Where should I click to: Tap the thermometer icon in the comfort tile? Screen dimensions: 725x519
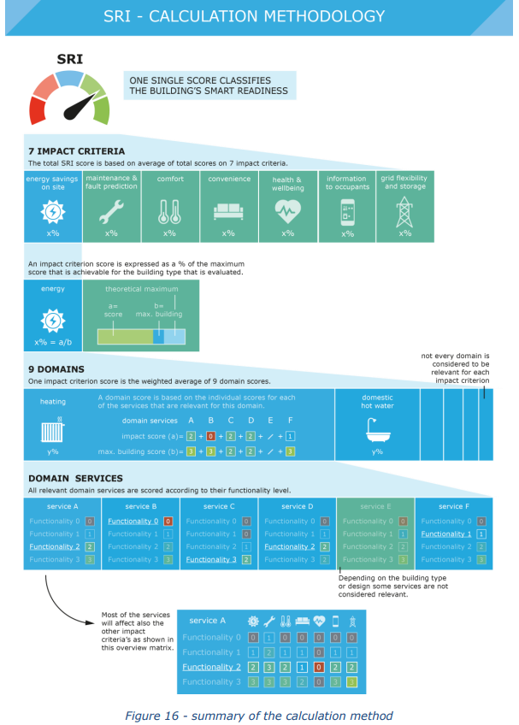tap(169, 210)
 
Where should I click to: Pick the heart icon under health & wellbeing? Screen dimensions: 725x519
tap(287, 209)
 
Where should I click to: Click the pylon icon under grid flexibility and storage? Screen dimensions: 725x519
tap(404, 210)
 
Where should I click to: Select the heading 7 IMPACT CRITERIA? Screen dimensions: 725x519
tap(76, 150)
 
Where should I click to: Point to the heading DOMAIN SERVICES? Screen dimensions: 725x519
tap(75, 479)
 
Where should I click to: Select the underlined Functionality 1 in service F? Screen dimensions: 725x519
tap(446, 533)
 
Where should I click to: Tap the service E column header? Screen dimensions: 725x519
tap(375, 506)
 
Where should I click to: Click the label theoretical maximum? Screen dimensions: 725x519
tap(140, 289)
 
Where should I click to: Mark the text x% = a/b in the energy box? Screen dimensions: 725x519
tap(53, 341)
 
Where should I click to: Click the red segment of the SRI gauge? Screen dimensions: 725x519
tap(38, 109)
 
